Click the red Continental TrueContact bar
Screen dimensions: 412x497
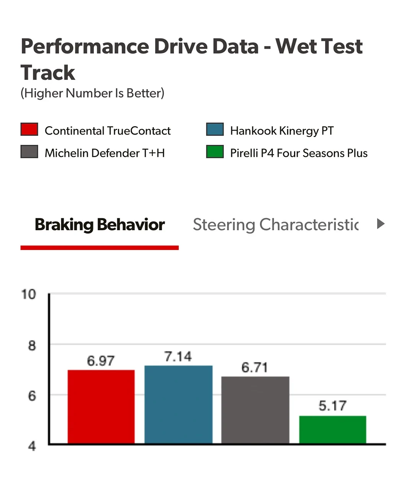(x=101, y=407)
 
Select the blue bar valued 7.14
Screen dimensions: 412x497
(x=178, y=404)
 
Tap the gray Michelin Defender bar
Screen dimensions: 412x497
(x=255, y=410)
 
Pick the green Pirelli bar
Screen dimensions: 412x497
(x=333, y=430)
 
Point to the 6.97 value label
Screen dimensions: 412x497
(x=101, y=361)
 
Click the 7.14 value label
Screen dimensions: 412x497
(x=178, y=357)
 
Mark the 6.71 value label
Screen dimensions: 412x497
(x=254, y=367)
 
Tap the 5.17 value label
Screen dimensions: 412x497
(x=332, y=406)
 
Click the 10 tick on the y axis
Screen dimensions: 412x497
(x=29, y=294)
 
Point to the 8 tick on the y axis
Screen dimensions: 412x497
(x=32, y=346)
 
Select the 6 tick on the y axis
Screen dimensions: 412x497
(x=32, y=396)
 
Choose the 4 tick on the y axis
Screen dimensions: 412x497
(x=32, y=446)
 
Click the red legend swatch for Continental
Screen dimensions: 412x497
(x=29, y=129)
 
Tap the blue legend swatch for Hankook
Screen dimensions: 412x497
(x=215, y=129)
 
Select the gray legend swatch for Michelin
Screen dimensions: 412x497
(x=29, y=152)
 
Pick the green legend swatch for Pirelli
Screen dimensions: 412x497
(x=215, y=152)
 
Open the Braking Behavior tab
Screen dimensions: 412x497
(x=100, y=225)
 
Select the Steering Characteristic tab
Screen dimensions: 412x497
(x=276, y=225)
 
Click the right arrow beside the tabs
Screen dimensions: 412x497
(x=381, y=224)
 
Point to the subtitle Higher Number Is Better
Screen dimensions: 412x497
(x=93, y=93)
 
